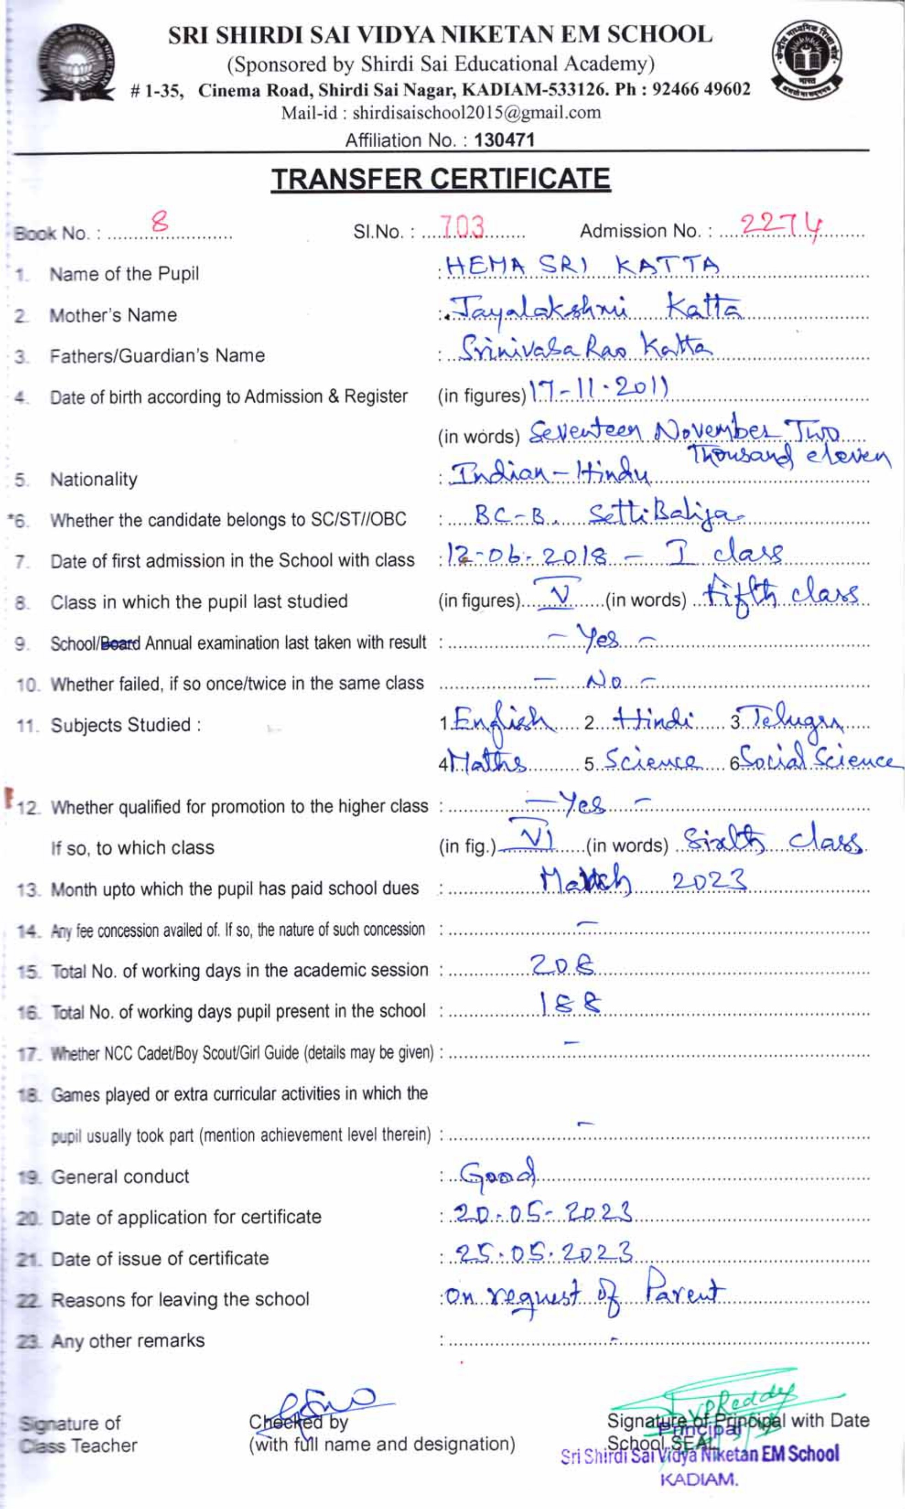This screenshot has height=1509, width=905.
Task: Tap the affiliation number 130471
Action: pos(504,140)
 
